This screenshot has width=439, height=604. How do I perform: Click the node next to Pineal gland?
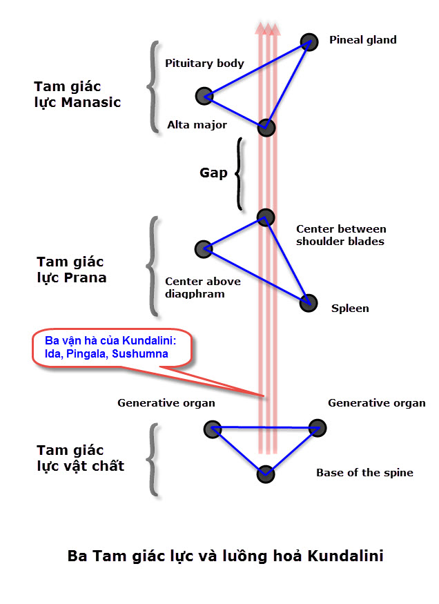click(309, 42)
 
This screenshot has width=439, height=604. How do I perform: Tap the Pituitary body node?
click(204, 96)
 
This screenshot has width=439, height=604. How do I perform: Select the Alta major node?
click(266, 128)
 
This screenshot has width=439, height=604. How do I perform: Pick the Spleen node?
click(308, 302)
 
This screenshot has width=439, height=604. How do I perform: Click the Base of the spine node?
click(266, 474)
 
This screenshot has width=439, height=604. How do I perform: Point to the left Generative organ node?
click(212, 429)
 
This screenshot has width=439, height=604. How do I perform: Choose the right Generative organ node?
click(316, 429)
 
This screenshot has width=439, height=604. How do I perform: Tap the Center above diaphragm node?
click(203, 249)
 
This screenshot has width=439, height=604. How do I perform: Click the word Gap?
click(213, 173)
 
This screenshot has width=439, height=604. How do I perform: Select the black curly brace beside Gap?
click(239, 173)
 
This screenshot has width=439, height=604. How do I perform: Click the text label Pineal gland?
click(362, 40)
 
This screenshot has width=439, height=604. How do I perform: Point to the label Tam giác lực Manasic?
click(77, 95)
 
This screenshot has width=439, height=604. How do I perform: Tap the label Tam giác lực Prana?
click(70, 270)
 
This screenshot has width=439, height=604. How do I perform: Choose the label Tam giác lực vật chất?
click(80, 458)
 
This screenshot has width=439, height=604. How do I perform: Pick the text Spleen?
click(349, 309)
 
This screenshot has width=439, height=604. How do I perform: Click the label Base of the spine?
click(364, 473)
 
